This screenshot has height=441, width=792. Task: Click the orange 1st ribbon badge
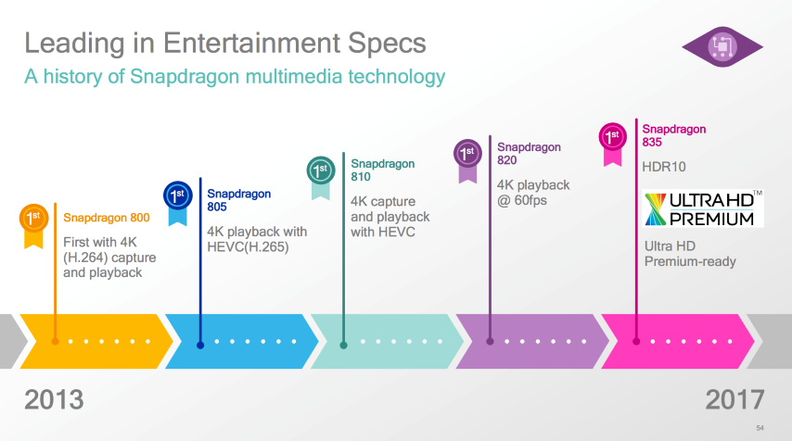click(x=33, y=225)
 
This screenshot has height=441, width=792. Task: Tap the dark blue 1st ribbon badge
click(x=178, y=202)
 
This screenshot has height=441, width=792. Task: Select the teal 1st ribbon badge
click(x=321, y=177)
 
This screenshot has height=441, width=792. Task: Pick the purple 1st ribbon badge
click(x=467, y=160)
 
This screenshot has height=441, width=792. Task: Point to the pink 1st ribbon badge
click(x=613, y=144)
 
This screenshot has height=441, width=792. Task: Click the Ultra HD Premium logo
click(x=703, y=208)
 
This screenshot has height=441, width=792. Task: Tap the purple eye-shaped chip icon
click(x=722, y=47)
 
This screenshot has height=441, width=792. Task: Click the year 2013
click(x=54, y=399)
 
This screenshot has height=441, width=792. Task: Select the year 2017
click(x=735, y=399)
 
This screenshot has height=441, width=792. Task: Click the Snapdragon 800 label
click(x=107, y=218)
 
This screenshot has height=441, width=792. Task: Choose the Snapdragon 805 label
click(x=239, y=200)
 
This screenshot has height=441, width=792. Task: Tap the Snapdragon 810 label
click(x=383, y=170)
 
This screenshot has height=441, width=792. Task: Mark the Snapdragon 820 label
click(x=529, y=154)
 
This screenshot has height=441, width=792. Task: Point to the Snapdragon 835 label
click(x=674, y=135)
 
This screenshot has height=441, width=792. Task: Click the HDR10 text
click(x=664, y=167)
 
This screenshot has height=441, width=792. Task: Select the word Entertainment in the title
click(x=251, y=43)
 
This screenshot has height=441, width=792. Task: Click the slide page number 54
click(x=760, y=428)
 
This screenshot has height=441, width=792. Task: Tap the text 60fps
click(x=530, y=200)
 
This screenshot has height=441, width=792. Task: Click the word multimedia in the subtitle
click(x=294, y=77)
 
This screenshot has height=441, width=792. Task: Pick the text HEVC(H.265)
click(x=248, y=246)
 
